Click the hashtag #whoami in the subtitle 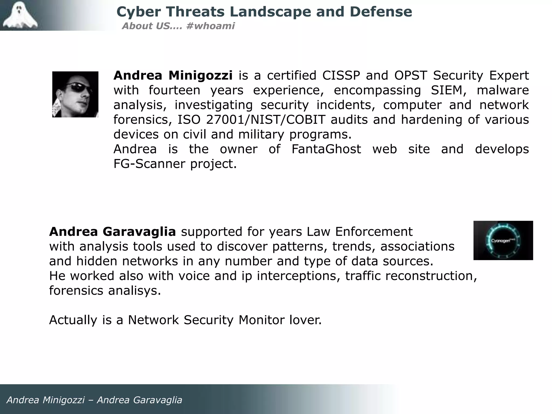click(x=210, y=26)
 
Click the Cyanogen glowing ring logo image click(x=503, y=240)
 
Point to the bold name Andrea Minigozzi click(x=173, y=75)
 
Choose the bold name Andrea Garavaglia click(x=112, y=232)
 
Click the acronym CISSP click(x=341, y=75)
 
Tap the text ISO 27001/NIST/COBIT click(x=251, y=120)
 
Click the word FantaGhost click(x=326, y=149)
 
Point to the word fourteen click(x=174, y=90)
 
